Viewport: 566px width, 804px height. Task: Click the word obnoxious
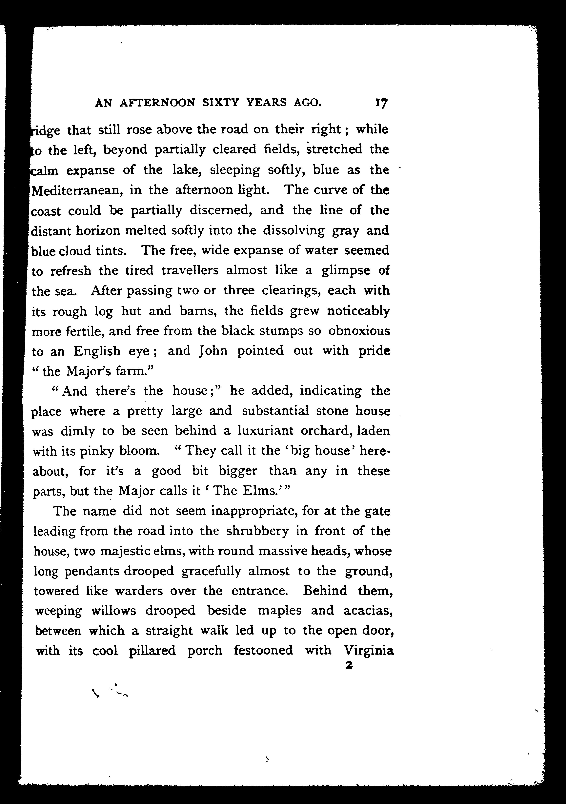click(x=359, y=331)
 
